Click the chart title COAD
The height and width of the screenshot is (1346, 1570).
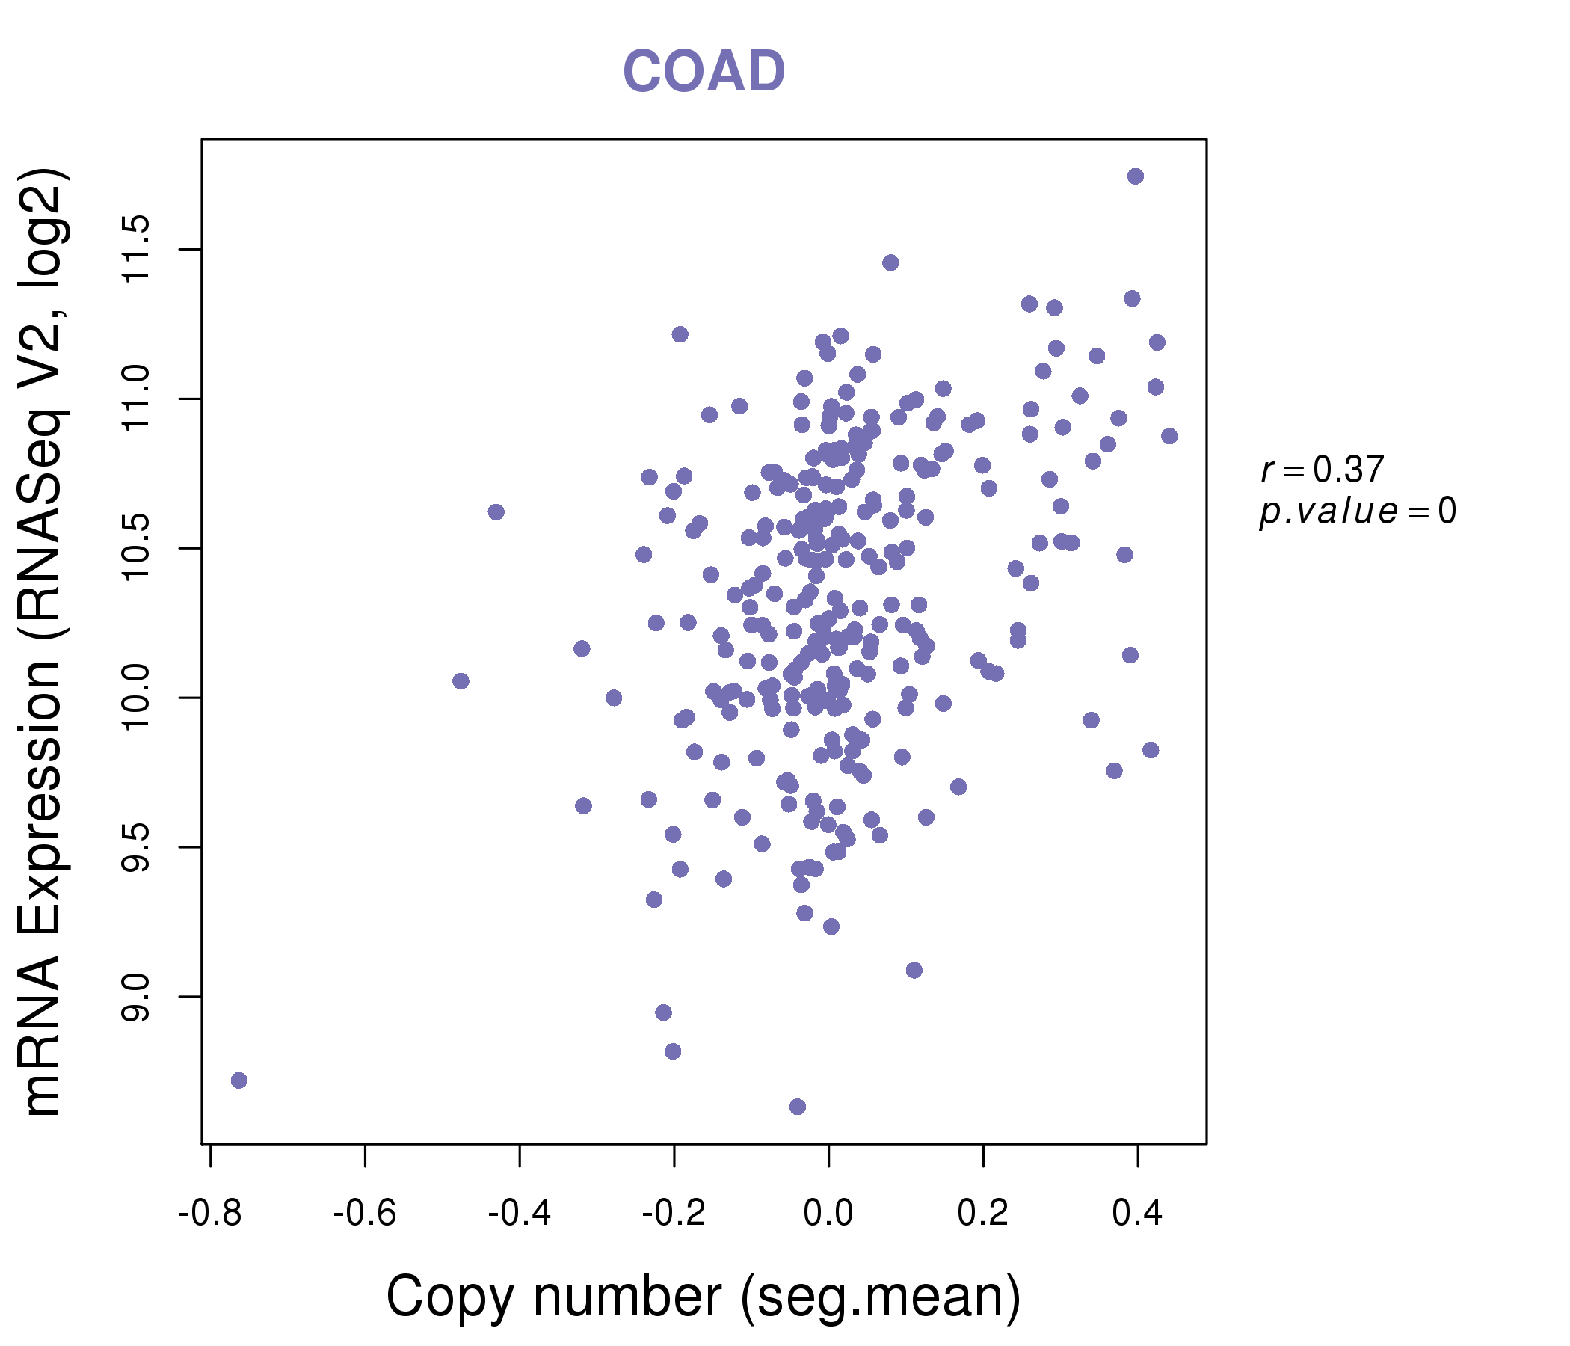704,71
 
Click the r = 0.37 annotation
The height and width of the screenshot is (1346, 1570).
1323,470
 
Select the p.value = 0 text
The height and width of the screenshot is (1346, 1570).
1357,511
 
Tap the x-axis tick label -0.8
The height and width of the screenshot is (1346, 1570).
210,1213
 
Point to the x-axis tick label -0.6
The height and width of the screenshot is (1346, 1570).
365,1213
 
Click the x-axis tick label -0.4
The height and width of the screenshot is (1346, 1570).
519,1213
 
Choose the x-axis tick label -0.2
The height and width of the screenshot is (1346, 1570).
674,1213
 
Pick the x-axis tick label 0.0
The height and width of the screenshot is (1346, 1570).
828,1213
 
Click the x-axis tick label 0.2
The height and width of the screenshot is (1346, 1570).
983,1213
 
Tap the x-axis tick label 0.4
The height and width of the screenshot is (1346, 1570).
1137,1213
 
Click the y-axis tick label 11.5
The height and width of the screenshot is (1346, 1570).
137,249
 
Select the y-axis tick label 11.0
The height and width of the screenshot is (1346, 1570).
137,399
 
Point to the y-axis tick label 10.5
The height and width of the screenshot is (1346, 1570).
137,548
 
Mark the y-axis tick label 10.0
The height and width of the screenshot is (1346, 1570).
137,697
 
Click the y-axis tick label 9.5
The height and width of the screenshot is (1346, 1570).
137,846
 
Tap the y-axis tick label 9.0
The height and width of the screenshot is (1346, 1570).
137,996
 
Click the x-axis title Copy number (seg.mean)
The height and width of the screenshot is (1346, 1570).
704,1297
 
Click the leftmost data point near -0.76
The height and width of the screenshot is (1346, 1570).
238,1080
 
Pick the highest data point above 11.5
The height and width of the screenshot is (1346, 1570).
1135,176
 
